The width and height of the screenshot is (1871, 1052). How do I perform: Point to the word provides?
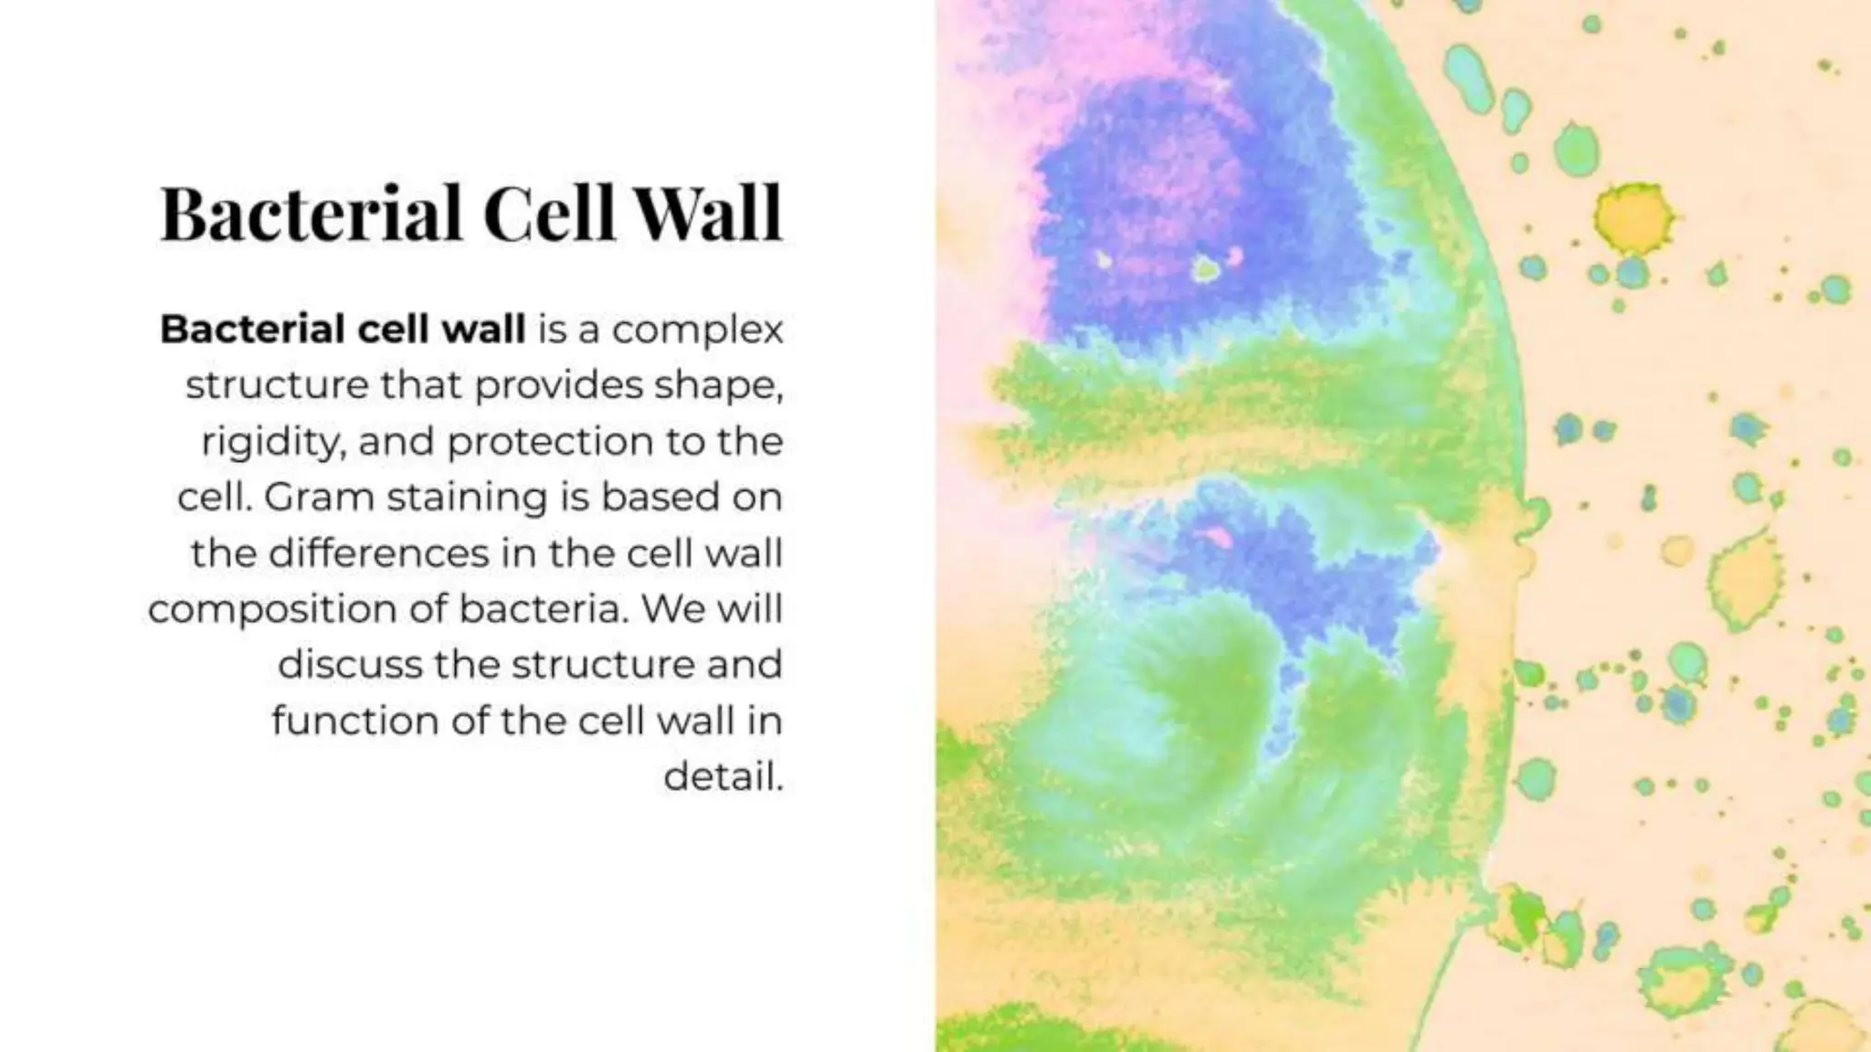pos(558,386)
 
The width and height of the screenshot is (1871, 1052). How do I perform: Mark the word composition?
pos(271,610)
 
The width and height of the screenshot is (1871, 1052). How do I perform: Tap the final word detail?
pos(723,777)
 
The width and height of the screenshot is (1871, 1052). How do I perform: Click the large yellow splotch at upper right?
pos(1633,217)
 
